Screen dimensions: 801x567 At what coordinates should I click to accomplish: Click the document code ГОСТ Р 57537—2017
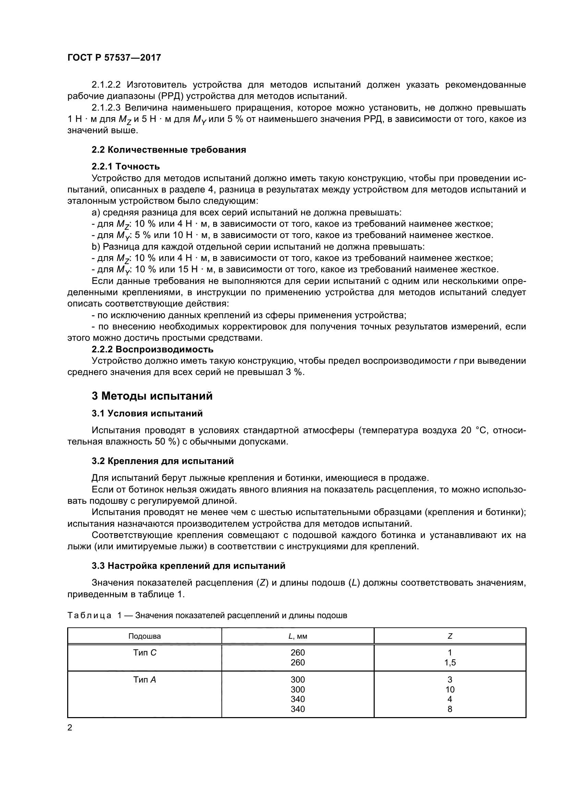[114, 58]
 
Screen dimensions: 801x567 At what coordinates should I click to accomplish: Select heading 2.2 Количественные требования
[169, 150]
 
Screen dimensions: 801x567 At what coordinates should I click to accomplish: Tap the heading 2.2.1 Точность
[126, 166]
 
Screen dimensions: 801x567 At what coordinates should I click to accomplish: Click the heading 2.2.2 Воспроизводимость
[152, 349]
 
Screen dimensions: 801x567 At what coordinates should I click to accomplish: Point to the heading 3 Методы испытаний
[152, 396]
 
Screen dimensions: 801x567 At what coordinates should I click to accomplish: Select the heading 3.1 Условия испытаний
[147, 413]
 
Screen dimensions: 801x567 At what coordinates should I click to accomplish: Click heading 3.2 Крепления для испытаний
[162, 461]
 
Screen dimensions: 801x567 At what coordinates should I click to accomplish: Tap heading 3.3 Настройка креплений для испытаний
[188, 565]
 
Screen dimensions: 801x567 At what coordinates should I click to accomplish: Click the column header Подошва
[145, 636]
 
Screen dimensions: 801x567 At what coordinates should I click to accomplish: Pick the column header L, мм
[298, 636]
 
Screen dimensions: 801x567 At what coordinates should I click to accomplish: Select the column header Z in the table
[450, 636]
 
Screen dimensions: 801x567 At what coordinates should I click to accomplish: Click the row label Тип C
[145, 652]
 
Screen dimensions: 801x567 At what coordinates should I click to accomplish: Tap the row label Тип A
[145, 679]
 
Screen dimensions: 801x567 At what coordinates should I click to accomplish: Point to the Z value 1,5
[450, 663]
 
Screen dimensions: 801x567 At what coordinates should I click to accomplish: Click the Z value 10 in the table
[450, 689]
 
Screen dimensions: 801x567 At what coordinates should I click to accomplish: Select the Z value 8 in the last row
[450, 709]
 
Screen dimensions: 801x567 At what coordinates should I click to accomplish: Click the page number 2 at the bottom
[70, 728]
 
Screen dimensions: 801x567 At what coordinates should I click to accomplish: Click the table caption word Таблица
[89, 615]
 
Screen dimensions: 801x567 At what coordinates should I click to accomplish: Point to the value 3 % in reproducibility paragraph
[294, 372]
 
